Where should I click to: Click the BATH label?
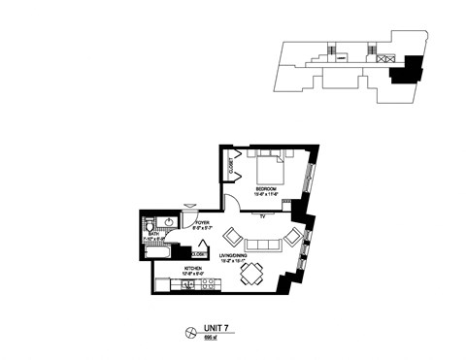(152, 234)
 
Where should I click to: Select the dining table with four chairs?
(250, 275)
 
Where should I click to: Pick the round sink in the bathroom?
(169, 222)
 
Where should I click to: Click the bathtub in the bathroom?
(160, 251)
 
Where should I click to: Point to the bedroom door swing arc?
(232, 201)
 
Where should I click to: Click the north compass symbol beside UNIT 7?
(190, 334)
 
